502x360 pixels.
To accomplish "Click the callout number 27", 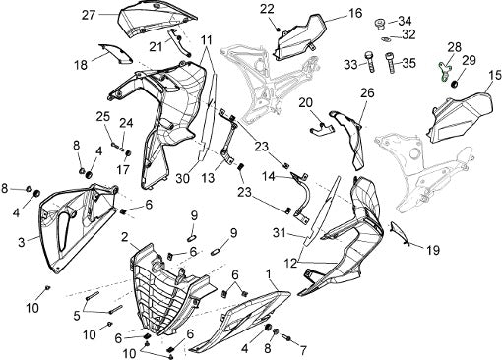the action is point(89,15).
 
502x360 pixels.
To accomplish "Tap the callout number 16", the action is point(355,13).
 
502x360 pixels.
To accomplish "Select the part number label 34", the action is point(405,22).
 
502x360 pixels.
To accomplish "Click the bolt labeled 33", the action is point(370,62).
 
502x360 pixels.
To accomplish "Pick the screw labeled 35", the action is point(391,62).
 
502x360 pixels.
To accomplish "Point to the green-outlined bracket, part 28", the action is point(444,72).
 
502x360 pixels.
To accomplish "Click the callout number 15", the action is point(495,75).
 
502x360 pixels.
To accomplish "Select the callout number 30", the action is point(182,179).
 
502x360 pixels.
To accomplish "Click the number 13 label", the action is point(208,178).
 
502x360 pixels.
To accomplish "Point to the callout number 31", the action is point(280,233).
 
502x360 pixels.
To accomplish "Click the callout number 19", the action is point(433,251).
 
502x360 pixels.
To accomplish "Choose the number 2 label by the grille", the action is point(124,237).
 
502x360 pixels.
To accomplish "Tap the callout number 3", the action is point(22,243).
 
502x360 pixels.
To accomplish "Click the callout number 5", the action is point(77,316).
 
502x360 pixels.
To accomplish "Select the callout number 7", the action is point(303,351).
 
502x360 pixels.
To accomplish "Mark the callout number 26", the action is point(367,93).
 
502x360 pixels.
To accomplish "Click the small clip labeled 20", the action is point(322,129).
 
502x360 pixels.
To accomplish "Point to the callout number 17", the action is point(123,170).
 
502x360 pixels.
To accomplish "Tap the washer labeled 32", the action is point(386,39).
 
